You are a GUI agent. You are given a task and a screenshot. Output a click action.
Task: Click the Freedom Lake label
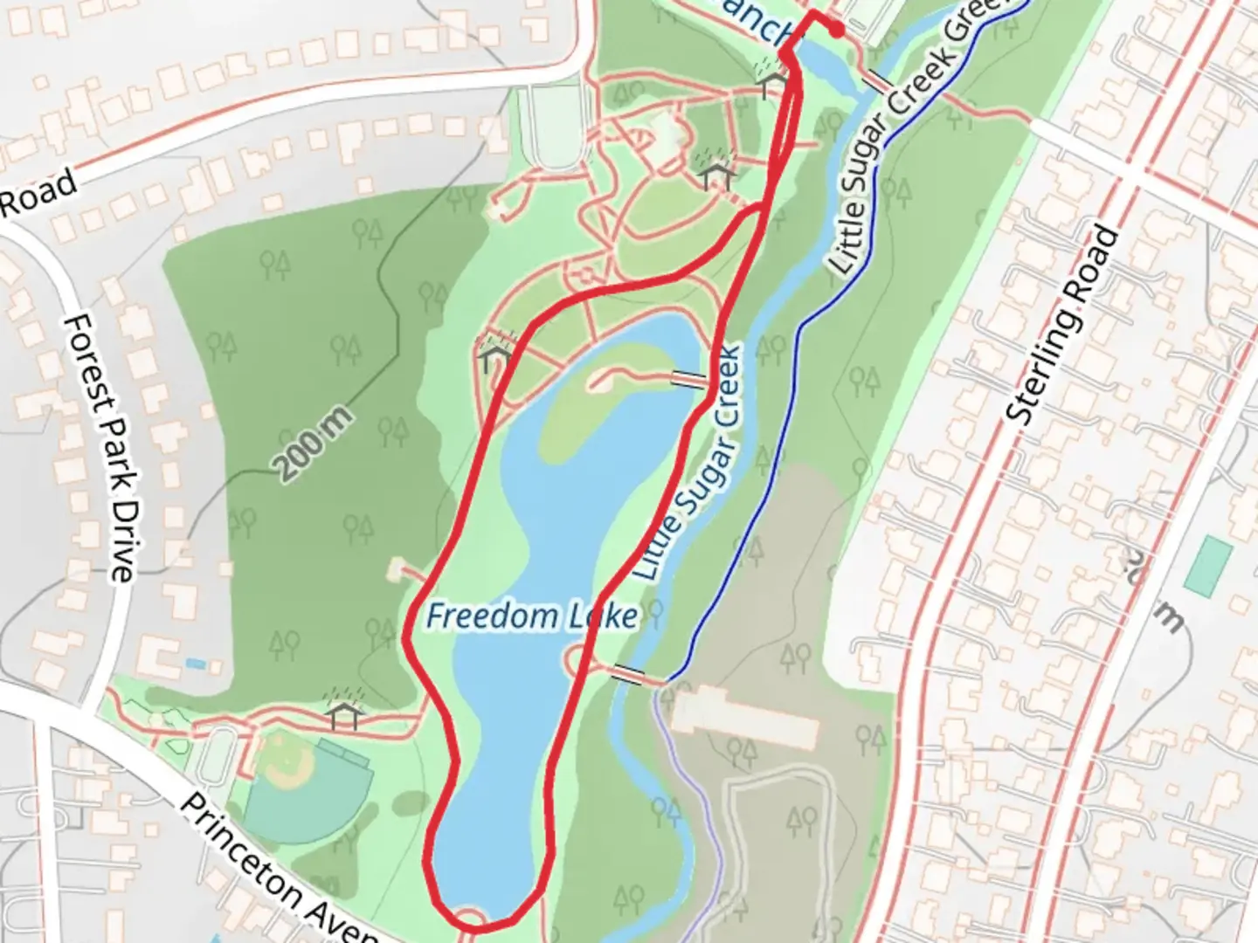[x=531, y=616]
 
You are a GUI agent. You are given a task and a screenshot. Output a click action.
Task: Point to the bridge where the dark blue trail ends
[x=628, y=675]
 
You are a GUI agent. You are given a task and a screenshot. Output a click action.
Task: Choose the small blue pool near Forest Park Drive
[x=197, y=664]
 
